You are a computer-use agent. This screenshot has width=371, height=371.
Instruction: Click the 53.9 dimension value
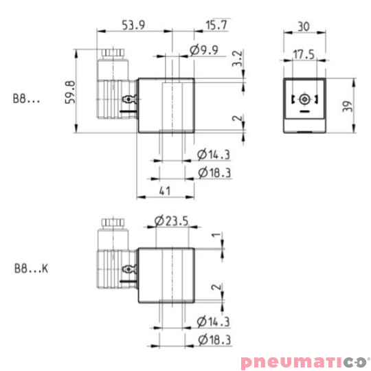pyautogui.click(x=134, y=25)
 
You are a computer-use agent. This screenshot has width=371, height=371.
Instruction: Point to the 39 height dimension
pyautogui.click(x=348, y=106)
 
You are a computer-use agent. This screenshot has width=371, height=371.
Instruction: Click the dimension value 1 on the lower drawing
pyautogui.click(x=214, y=237)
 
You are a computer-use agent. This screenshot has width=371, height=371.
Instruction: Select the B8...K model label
pyautogui.click(x=30, y=269)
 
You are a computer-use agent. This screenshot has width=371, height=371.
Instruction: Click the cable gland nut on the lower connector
pyautogui.click(x=111, y=223)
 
